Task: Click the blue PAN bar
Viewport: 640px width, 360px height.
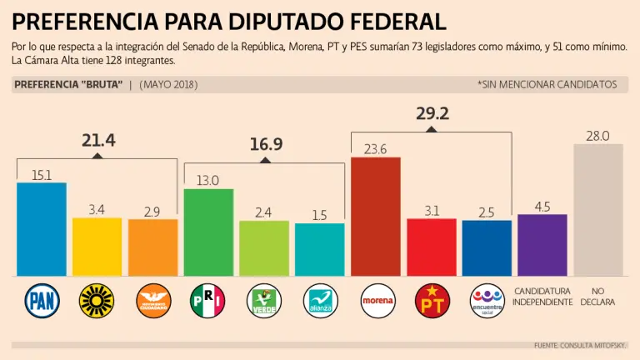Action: coord(42,229)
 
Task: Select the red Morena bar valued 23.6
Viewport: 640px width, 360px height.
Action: coord(376,217)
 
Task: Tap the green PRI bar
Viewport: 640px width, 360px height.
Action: coord(208,232)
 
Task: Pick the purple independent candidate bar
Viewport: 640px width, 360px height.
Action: coord(542,245)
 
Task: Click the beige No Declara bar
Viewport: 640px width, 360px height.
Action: coord(598,209)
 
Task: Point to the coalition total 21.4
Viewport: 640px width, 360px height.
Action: coord(98,141)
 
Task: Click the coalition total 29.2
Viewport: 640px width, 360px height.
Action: coord(432,114)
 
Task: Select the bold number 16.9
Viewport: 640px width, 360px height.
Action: coord(266,144)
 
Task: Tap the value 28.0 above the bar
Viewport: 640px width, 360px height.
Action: coord(598,135)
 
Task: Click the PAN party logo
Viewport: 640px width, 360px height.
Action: coord(42,300)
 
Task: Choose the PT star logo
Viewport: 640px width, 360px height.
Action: coord(432,300)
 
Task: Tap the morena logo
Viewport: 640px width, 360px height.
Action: coord(376,300)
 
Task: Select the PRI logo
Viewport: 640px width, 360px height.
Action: coord(208,300)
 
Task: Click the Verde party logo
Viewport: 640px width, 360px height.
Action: coord(264,300)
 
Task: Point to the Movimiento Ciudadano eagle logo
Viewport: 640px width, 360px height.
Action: coord(152,300)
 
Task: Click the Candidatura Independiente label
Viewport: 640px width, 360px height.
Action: coord(542,296)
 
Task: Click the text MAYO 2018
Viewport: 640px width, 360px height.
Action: coord(168,84)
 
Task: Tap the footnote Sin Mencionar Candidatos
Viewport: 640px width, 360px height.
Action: coord(547,84)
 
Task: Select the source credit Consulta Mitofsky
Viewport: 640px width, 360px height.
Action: coord(582,345)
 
